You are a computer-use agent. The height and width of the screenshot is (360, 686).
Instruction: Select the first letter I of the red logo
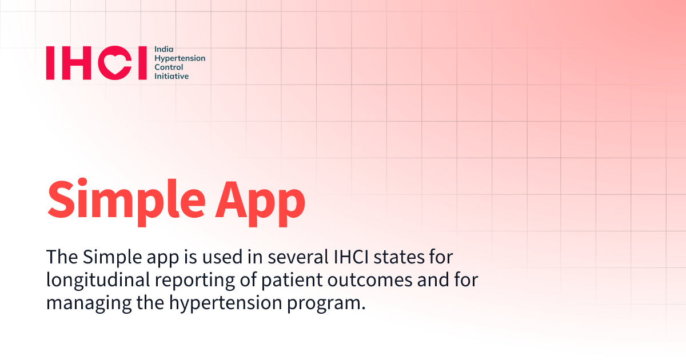click(x=51, y=63)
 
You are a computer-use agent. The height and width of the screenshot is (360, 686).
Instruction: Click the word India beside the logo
click(x=163, y=50)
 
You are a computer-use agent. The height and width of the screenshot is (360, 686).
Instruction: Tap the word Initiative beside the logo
click(x=171, y=76)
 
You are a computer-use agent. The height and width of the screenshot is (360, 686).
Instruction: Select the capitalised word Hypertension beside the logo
click(x=180, y=59)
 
